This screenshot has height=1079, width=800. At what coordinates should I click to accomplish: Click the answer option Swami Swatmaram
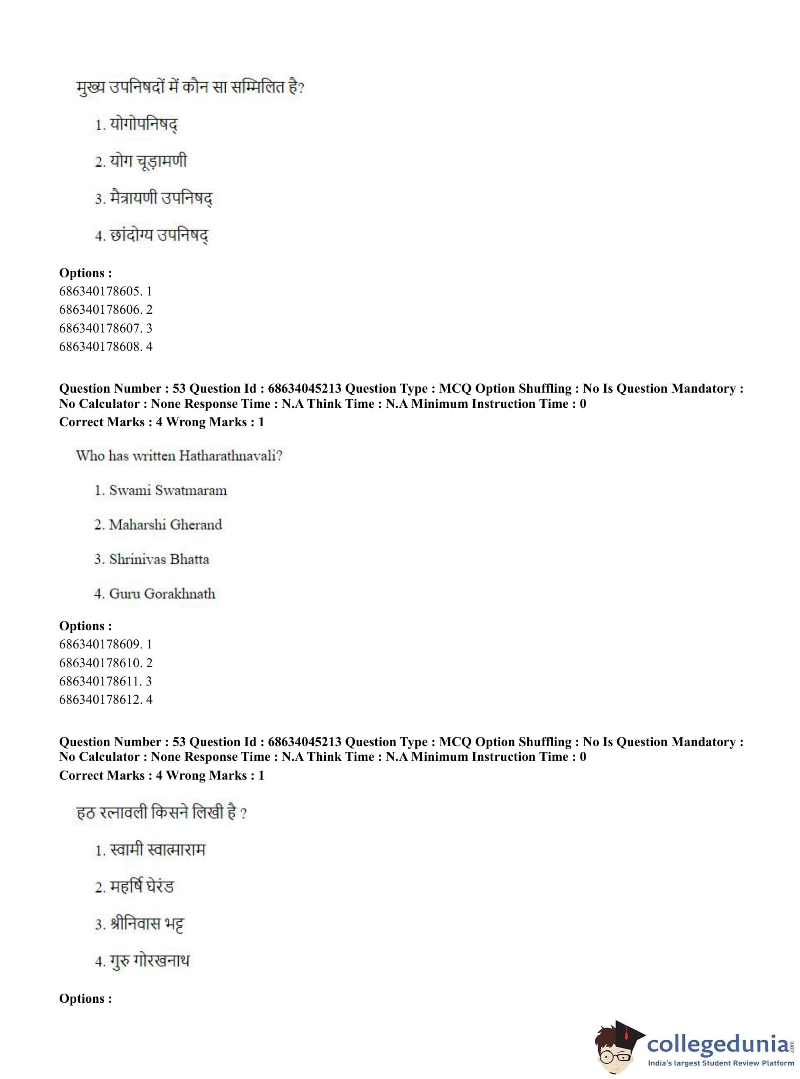pos(168,490)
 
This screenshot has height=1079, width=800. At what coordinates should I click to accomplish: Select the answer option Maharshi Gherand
pos(165,525)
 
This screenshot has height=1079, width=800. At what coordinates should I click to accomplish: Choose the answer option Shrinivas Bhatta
pos(159,560)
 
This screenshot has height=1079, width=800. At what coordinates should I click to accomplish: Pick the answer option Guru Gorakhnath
pos(162,594)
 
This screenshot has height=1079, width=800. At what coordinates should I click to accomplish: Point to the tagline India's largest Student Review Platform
pos(721,1063)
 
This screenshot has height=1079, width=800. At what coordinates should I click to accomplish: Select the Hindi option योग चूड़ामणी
pos(148,162)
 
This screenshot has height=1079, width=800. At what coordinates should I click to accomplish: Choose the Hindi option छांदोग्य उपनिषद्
pos(159,236)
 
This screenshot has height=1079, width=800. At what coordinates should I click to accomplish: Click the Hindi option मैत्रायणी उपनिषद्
pos(161,199)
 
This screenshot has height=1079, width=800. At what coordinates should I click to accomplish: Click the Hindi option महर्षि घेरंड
pos(142,886)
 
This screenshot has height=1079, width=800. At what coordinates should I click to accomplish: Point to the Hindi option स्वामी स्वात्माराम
pos(157,849)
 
